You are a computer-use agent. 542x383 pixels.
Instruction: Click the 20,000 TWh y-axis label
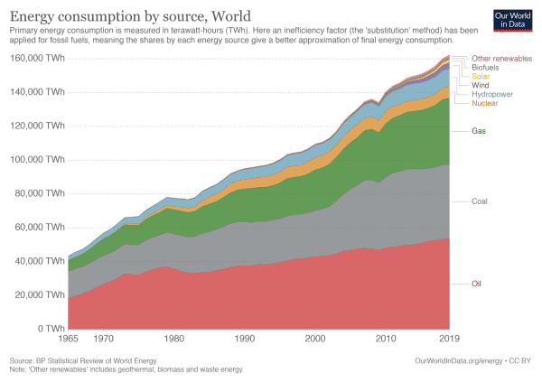pyautogui.click(x=39, y=294)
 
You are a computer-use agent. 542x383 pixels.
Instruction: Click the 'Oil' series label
pyautogui.click(x=477, y=284)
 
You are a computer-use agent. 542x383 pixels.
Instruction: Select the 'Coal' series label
pyautogui.click(x=481, y=201)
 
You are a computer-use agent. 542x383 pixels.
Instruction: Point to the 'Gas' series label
pyautogui.click(x=479, y=131)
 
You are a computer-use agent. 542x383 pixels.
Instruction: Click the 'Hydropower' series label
pyautogui.click(x=492, y=94)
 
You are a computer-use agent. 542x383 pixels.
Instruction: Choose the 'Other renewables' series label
pyautogui.click(x=502, y=59)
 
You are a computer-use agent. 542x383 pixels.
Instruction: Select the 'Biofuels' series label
pyautogui.click(x=486, y=68)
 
